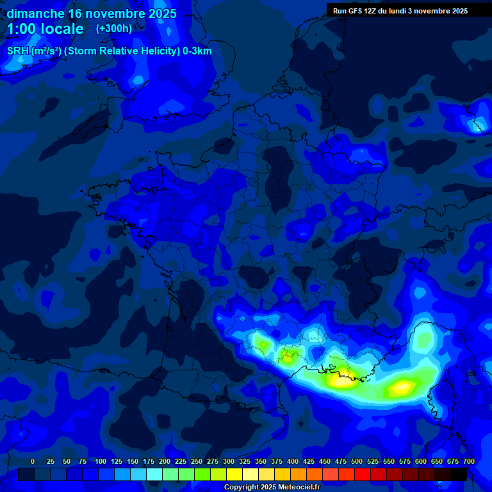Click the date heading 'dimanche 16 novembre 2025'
click(92, 13)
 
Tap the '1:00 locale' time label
click(45, 29)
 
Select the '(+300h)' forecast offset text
click(114, 29)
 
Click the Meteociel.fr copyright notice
click(272, 488)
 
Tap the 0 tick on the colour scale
click(33, 461)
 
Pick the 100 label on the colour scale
click(101, 461)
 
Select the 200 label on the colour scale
click(165, 461)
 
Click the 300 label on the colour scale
click(229, 461)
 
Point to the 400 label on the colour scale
click(293, 461)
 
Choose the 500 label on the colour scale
click(357, 461)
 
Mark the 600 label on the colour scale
click(421, 461)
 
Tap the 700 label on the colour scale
click(469, 461)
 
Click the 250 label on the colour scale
click(197, 461)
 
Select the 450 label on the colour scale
click(325, 461)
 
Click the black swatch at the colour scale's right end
click(459, 475)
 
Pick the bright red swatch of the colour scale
click(363, 475)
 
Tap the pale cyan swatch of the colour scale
click(154, 475)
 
